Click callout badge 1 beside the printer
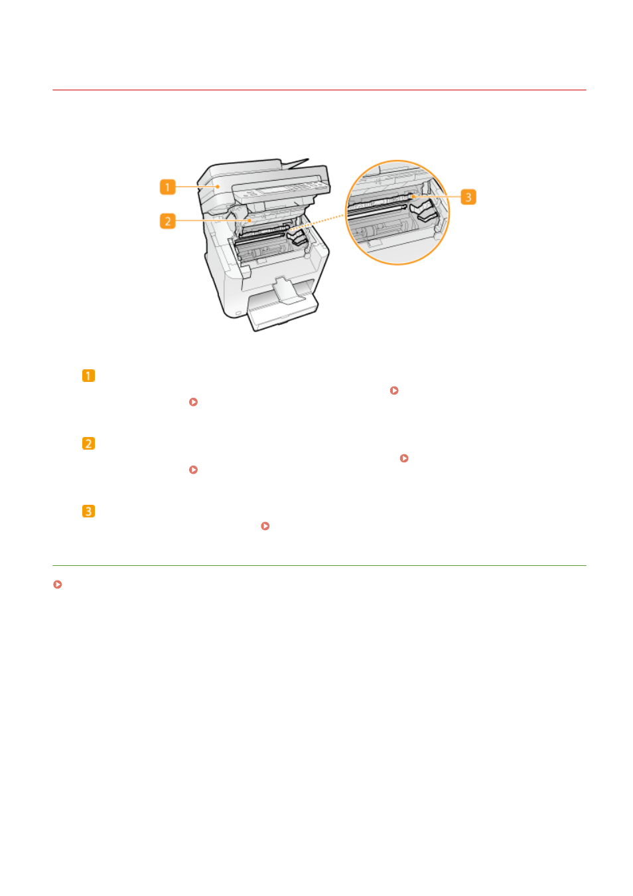coord(167,187)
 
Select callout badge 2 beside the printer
coord(167,221)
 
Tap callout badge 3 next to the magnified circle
coord(468,197)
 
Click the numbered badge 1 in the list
coord(88,375)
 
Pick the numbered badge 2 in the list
coord(88,444)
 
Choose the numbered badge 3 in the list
coord(88,511)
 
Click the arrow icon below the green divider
coord(58,584)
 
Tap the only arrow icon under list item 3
coord(265,526)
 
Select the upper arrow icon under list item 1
coord(394,390)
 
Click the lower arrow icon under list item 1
coord(194,402)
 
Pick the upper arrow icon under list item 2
coord(404,458)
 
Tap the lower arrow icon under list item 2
coord(194,470)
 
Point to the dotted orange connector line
coord(316,223)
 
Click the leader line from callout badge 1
coord(197,187)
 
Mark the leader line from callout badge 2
coord(213,221)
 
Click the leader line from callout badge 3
coord(437,197)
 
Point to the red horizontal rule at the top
coord(319,90)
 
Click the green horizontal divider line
coord(319,566)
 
